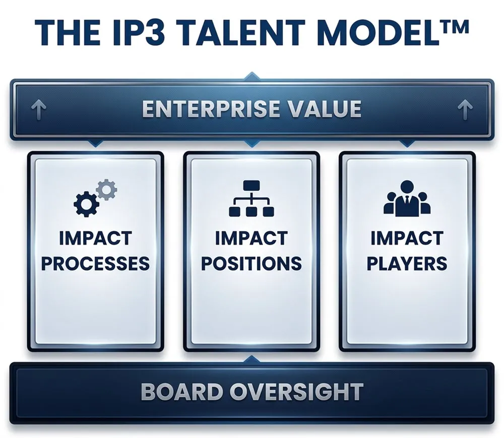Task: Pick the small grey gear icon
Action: coord(106,189)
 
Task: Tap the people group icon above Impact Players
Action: coord(406,201)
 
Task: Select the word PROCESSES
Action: coord(95,263)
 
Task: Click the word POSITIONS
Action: coord(251,263)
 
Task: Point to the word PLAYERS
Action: coord(406,263)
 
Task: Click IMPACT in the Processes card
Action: coord(95,238)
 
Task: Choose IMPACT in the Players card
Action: coord(406,238)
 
